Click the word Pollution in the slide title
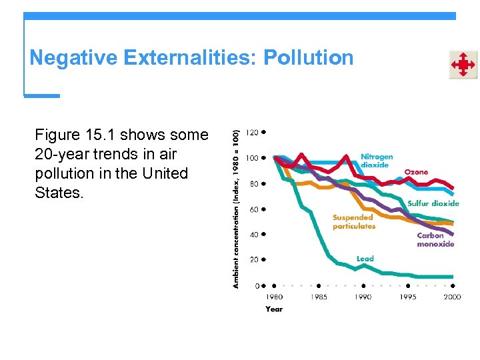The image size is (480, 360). (308, 58)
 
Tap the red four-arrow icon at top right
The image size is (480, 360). (463, 65)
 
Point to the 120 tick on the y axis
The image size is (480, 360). (252, 132)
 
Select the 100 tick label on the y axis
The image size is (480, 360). (252, 158)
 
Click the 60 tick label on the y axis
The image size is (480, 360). (253, 209)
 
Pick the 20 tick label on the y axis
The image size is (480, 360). (253, 260)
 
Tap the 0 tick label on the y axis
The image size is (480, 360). (256, 285)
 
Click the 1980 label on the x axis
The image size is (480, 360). (274, 297)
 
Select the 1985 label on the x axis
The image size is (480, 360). (319, 297)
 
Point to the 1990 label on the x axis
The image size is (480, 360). (363, 297)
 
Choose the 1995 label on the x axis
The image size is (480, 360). (408, 297)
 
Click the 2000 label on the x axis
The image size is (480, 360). (451, 297)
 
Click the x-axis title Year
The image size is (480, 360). (274, 309)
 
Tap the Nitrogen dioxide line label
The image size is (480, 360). (377, 161)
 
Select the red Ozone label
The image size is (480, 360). (416, 172)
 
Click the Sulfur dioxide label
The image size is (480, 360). (433, 203)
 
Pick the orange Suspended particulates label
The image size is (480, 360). (354, 221)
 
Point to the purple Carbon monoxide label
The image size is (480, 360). (435, 239)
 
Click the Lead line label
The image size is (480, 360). (365, 259)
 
